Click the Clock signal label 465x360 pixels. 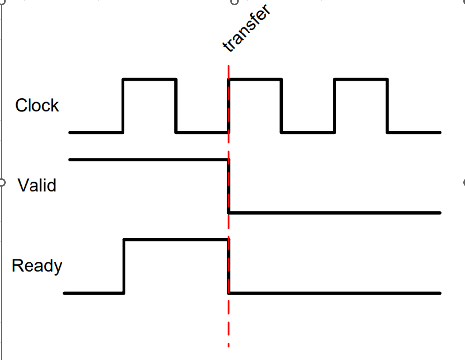click(37, 105)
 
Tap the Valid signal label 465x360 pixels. click(37, 186)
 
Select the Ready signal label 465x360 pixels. click(37, 266)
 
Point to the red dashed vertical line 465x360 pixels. click(229, 320)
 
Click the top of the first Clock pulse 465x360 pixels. click(149, 79)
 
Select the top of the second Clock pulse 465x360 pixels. click(255, 79)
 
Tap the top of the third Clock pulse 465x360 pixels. click(361, 79)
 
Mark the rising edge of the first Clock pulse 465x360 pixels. click(123, 105)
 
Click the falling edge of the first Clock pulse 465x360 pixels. click(176, 105)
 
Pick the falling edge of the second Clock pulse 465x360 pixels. click(281, 105)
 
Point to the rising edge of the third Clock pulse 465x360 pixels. click(334, 105)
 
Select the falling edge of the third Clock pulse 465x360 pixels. click(387, 105)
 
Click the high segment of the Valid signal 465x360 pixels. click(148, 159)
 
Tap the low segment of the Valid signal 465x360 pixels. click(335, 213)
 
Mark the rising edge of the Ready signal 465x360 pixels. click(124, 266)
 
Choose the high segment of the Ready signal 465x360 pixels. click(176, 239)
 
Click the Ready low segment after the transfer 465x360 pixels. click(335, 293)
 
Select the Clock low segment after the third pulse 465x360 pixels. click(414, 132)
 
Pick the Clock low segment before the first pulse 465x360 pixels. click(96, 132)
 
